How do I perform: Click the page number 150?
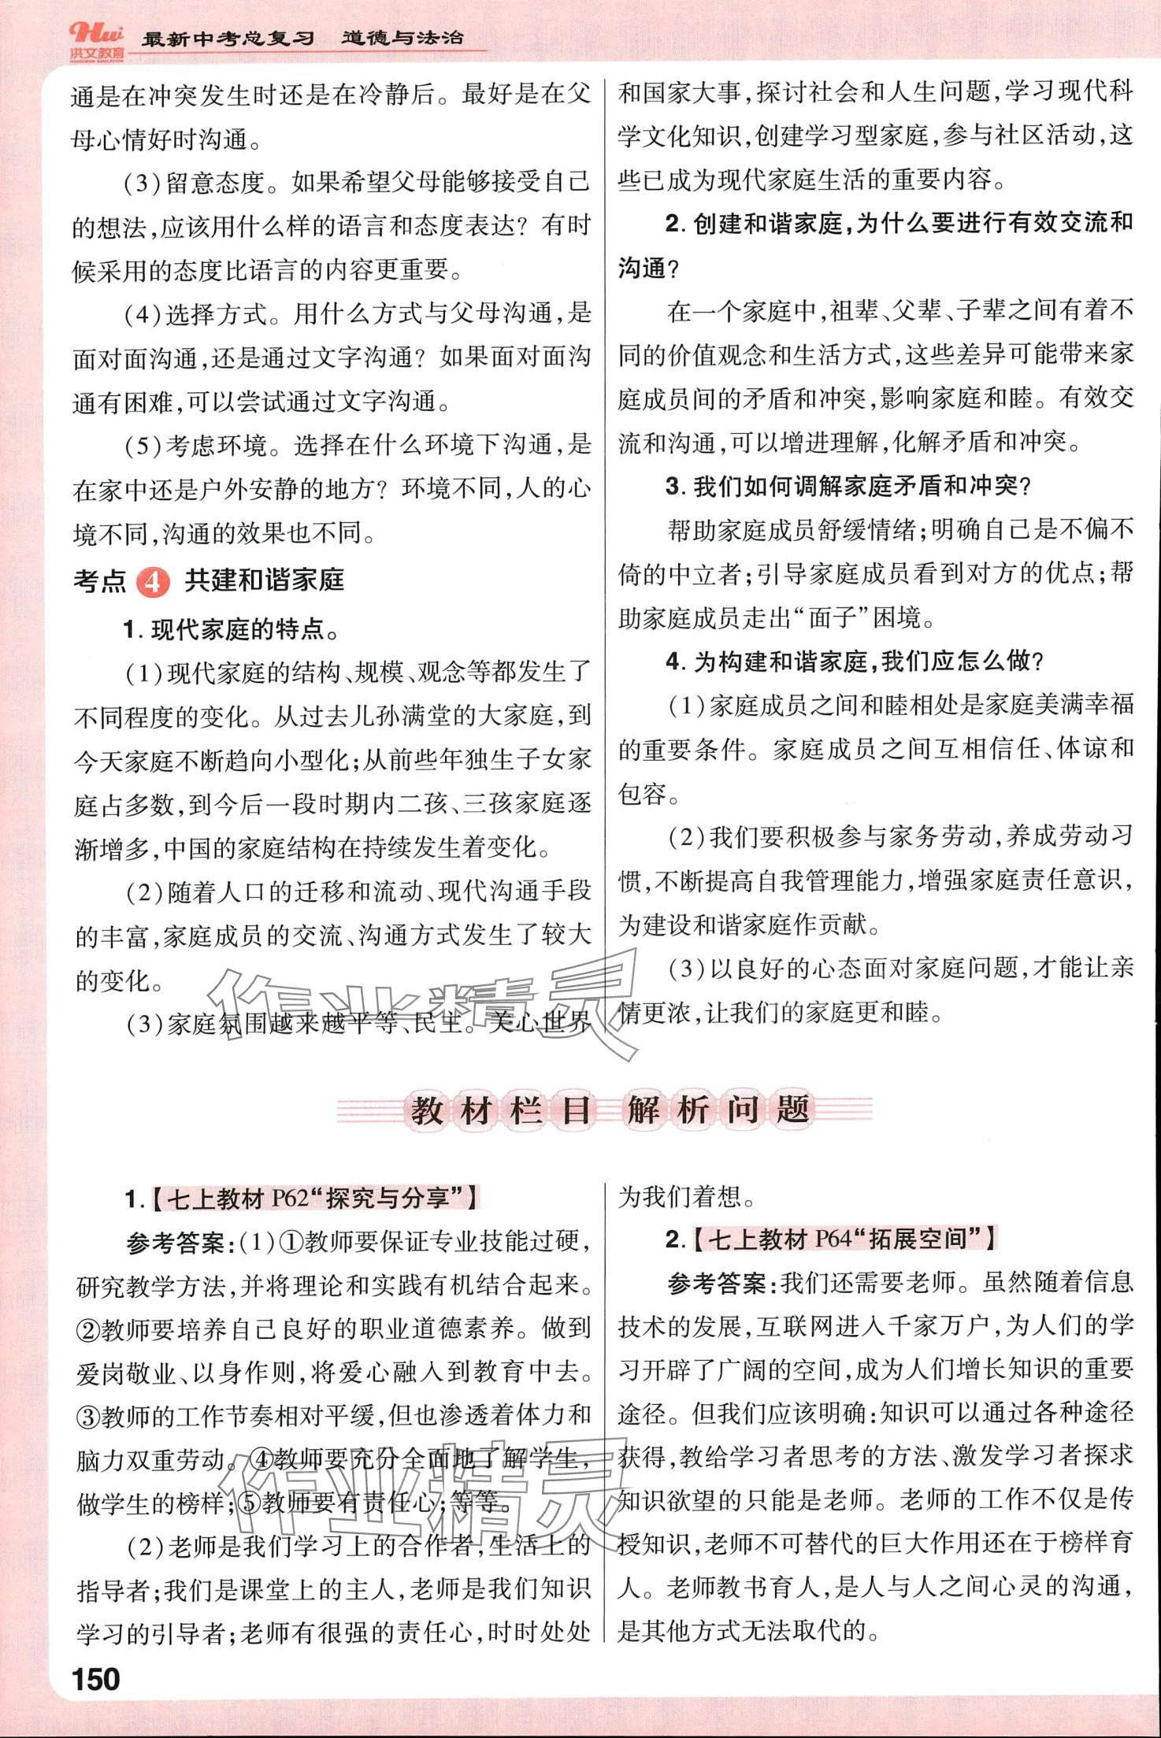click(x=96, y=1680)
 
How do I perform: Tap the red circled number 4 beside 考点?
click(x=153, y=582)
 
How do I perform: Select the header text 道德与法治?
click(x=402, y=37)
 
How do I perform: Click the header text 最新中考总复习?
click(x=228, y=39)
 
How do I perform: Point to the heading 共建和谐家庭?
click(x=264, y=580)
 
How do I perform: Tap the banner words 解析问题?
click(x=718, y=1110)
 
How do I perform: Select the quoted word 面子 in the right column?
click(x=833, y=618)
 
